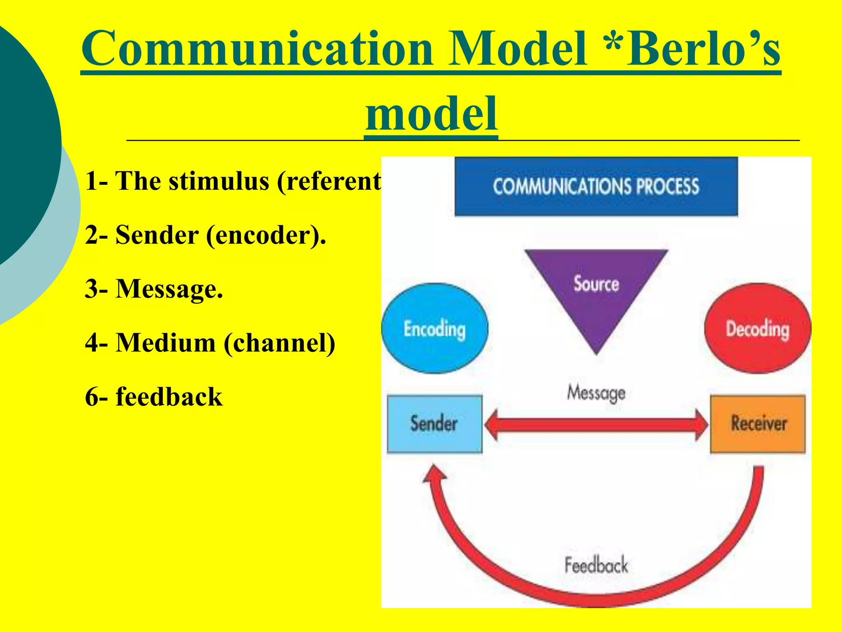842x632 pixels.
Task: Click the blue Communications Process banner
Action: pos(596,186)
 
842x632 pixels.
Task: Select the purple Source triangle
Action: pos(596,288)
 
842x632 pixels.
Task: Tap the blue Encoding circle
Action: pos(435,329)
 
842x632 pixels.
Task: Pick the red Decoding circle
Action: pos(757,329)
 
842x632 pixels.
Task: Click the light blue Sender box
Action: pos(435,424)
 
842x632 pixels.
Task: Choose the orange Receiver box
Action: pos(758,424)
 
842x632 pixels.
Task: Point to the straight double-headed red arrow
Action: pos(596,425)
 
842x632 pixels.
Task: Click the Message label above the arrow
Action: pos(596,393)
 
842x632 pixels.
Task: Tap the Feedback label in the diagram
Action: pos(596,565)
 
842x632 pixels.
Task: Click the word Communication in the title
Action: pos(257,49)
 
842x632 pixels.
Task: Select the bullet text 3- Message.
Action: pos(154,289)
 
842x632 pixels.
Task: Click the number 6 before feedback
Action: pos(92,397)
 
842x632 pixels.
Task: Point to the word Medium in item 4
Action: pos(165,343)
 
